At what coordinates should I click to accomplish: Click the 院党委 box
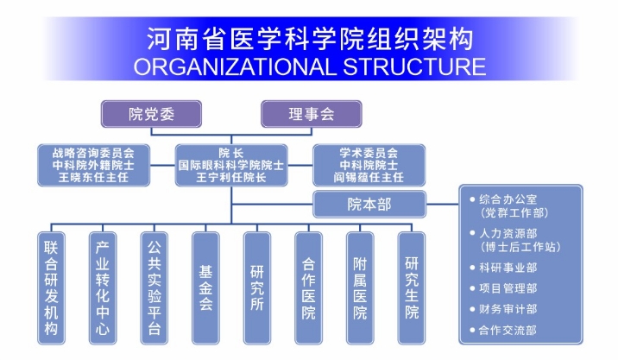coord(151,114)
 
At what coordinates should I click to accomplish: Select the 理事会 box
coord(311,114)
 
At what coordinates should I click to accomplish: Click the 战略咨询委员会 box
coord(93,164)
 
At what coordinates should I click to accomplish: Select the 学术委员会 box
coord(369,164)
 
